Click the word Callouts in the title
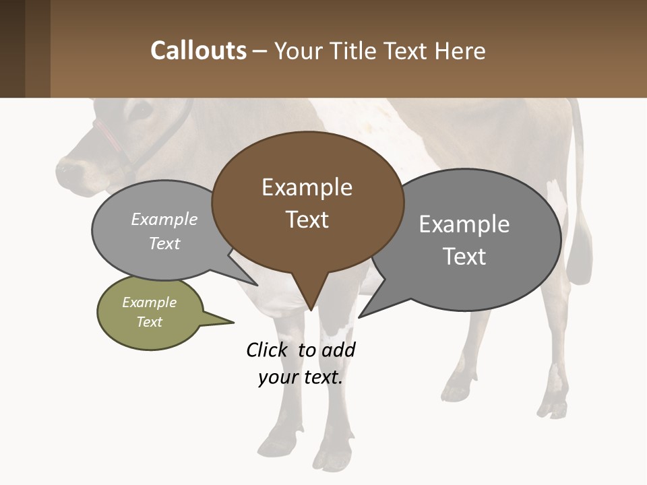click(x=198, y=51)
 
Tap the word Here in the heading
click(x=460, y=51)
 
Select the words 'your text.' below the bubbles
click(x=301, y=377)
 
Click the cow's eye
click(x=142, y=109)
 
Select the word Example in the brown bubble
click(x=307, y=187)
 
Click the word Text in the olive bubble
click(x=150, y=322)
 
